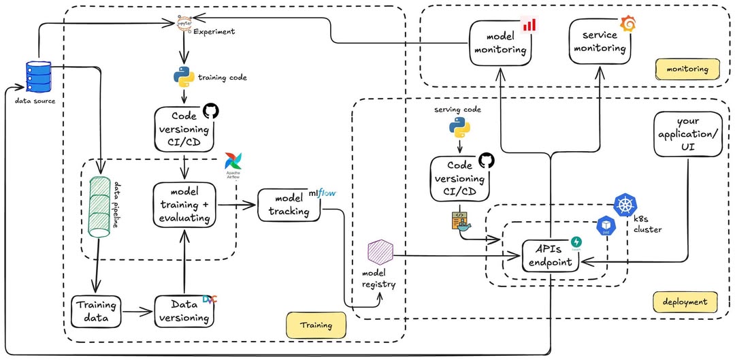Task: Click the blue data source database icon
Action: (x=38, y=76)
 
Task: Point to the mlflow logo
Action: (x=323, y=194)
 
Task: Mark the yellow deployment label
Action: (x=685, y=301)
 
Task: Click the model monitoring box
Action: (x=501, y=43)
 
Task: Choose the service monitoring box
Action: (x=599, y=42)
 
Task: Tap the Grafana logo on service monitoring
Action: (x=629, y=24)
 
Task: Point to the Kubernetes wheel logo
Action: (x=625, y=204)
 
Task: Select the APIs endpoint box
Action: (x=551, y=257)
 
